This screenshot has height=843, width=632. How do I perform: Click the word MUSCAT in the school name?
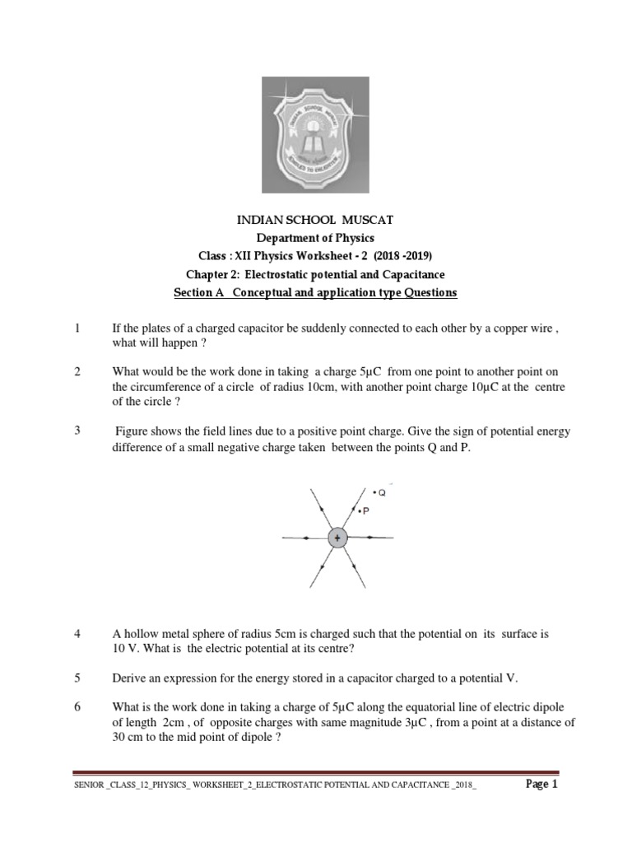(x=390, y=221)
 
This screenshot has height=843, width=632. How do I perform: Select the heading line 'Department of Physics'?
(x=315, y=239)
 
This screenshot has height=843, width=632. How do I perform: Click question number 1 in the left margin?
(x=77, y=328)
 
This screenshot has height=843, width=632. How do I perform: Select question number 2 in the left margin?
(x=77, y=372)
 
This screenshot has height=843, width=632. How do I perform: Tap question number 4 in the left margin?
(x=77, y=635)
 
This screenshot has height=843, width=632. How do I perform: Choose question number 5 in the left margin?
(x=77, y=678)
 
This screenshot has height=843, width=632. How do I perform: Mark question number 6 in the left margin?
(x=77, y=708)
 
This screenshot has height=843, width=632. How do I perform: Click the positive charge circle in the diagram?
(x=337, y=538)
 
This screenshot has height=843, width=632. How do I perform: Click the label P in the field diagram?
(x=365, y=511)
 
